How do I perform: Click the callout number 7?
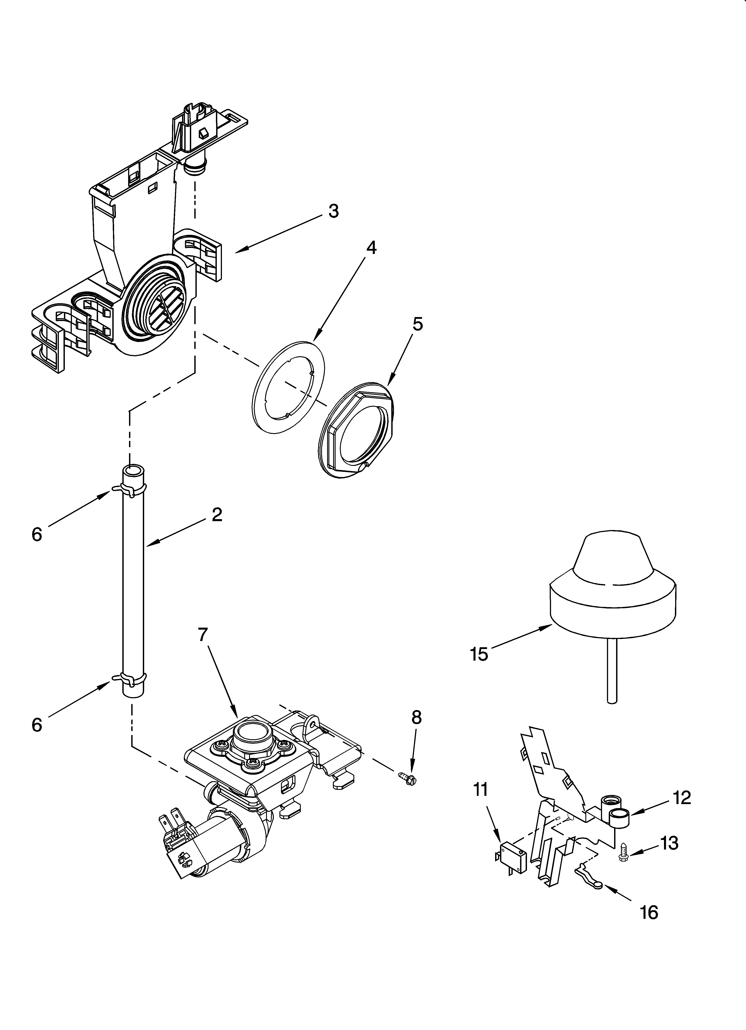tap(203, 635)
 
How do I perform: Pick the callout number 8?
tap(416, 717)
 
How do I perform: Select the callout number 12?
tap(681, 797)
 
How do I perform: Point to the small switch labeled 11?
tap(512, 856)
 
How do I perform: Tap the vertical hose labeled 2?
tap(133, 586)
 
